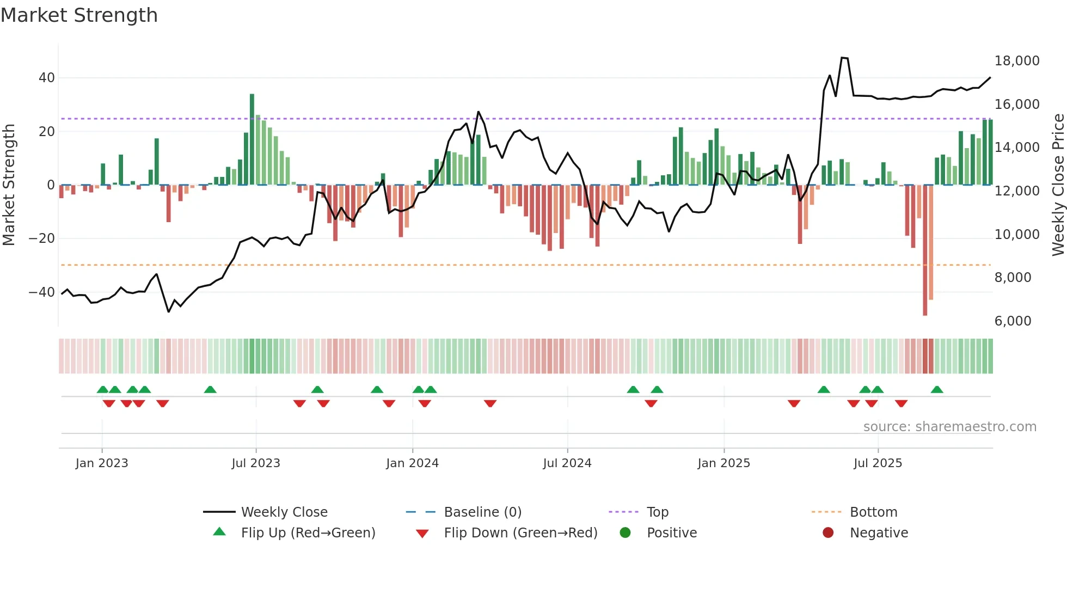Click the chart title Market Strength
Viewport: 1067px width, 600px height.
(x=79, y=15)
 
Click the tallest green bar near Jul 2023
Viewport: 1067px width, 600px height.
(x=252, y=139)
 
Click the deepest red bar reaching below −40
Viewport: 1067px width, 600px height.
(x=925, y=250)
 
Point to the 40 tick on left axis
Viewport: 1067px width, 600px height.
(x=47, y=78)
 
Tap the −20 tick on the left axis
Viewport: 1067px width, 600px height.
(x=42, y=238)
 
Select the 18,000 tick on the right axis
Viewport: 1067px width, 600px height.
(x=1016, y=61)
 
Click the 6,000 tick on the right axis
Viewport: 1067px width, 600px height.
(x=1013, y=321)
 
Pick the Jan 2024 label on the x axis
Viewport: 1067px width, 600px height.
(x=412, y=463)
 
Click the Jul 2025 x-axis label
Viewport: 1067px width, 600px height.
(x=878, y=463)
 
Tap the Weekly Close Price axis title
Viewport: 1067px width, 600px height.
(x=1058, y=185)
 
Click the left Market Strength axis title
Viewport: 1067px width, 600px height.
(x=9, y=185)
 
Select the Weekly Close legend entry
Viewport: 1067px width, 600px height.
(x=284, y=512)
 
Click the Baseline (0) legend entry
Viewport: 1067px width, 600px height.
(x=482, y=512)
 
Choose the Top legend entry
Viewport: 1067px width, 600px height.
(x=657, y=512)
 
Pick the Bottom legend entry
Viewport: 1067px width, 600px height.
(x=873, y=512)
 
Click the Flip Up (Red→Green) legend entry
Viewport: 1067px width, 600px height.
(x=308, y=533)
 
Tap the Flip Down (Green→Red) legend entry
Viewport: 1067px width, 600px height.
(x=520, y=533)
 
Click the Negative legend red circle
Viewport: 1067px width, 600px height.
(x=828, y=533)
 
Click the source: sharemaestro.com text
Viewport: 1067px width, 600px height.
(x=949, y=427)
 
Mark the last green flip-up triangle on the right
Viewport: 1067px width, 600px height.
(x=937, y=390)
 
